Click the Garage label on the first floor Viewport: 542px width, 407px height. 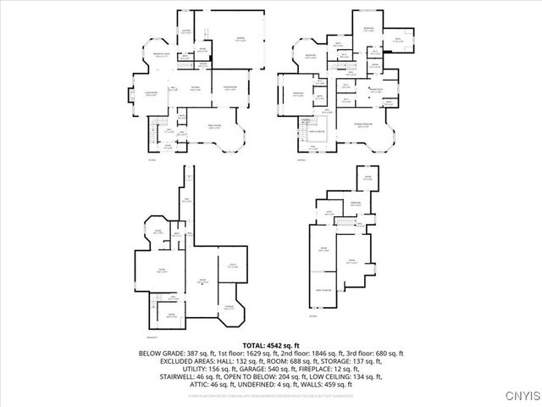pos(240,38)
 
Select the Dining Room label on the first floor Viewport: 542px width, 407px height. pos(230,88)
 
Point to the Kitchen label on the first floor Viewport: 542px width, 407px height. pos(195,87)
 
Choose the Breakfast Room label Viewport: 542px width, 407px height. pos(158,55)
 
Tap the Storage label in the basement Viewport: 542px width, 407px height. pos(230,308)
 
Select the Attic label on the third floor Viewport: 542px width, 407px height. pos(330,212)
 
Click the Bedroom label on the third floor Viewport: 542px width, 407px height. pos(357,203)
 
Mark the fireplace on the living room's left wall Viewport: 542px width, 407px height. pos(130,96)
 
